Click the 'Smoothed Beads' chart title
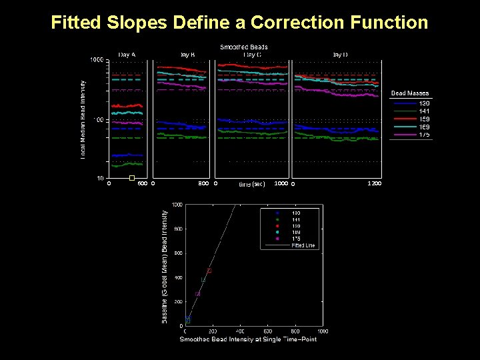[244, 47]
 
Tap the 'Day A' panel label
[127, 54]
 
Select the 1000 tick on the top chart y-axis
[97, 60]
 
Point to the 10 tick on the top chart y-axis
[99, 179]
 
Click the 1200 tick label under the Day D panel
[375, 183]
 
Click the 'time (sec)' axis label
[252, 183]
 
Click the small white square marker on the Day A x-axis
[132, 178]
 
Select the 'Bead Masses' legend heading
[410, 93]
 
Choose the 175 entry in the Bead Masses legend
[424, 135]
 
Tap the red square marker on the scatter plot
[209, 271]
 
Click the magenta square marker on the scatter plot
[197, 293]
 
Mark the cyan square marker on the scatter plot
[203, 280]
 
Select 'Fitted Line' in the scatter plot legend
[303, 245]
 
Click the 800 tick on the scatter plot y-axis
[178, 229]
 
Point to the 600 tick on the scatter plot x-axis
[267, 331]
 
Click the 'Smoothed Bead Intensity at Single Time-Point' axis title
[248, 339]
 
